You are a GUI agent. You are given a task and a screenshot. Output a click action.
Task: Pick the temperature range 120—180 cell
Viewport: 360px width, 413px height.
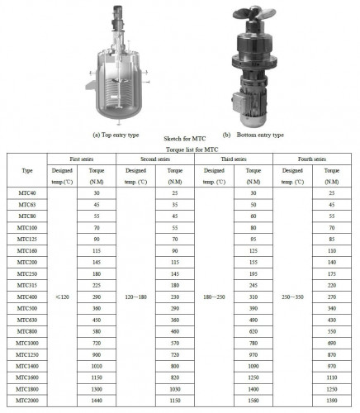tap(135, 295)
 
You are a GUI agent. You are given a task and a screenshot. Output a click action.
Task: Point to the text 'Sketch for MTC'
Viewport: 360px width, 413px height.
tap(180, 141)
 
